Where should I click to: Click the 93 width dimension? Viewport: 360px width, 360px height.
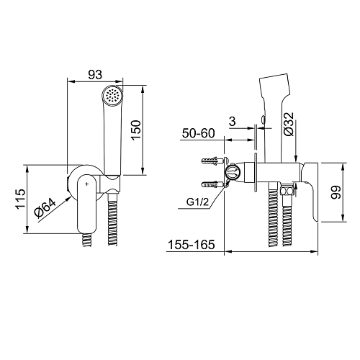(95, 75)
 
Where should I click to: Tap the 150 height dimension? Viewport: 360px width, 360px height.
(136, 130)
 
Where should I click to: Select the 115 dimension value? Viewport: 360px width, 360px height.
(21, 199)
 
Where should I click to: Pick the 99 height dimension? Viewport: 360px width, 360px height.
(336, 192)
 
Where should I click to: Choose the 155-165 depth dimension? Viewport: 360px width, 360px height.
(192, 245)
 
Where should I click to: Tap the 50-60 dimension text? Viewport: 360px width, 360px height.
(198, 133)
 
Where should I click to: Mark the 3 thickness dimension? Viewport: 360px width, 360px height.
(233, 122)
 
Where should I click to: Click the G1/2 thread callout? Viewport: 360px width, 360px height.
(198, 202)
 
